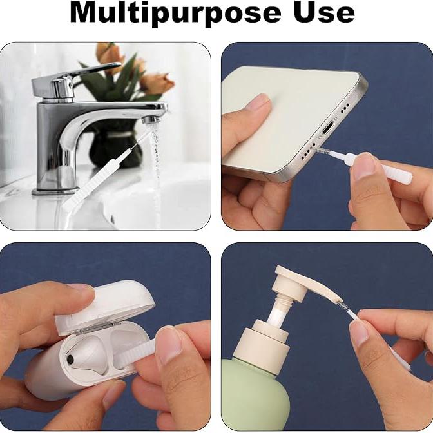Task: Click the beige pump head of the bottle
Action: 305,289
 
